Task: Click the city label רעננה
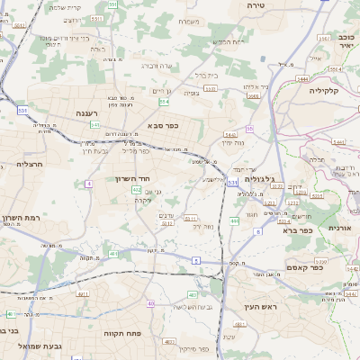pos(87,112)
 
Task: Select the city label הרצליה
pos(30,165)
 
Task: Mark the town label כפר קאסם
pos(305,267)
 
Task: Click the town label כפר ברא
pos(297,229)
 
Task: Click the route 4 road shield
pos(88,184)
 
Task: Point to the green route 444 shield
pos(234,220)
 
